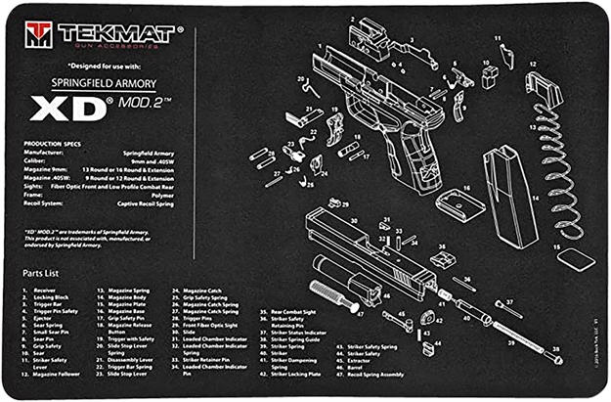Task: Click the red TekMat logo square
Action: coord(38,36)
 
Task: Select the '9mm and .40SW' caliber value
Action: coord(161,160)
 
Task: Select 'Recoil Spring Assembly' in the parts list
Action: coord(376,375)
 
